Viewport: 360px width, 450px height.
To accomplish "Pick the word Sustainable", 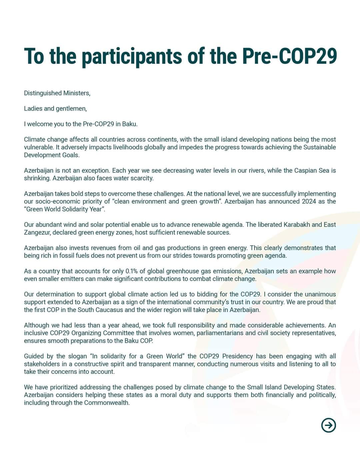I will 319,147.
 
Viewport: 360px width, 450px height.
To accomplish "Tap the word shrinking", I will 37,178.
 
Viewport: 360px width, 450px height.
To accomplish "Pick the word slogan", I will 77,356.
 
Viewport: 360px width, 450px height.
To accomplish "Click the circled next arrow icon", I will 329,425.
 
